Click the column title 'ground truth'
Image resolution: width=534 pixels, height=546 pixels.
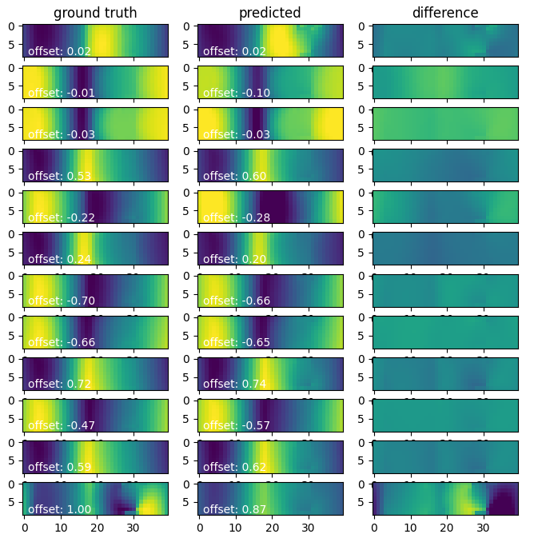click(x=95, y=13)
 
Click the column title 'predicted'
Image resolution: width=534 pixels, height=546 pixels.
click(x=270, y=13)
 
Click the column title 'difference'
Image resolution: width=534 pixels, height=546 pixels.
click(x=445, y=13)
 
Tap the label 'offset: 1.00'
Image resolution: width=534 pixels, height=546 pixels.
click(x=59, y=509)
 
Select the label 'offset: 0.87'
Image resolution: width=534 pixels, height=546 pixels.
click(x=234, y=509)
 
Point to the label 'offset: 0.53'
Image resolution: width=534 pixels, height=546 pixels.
click(x=59, y=176)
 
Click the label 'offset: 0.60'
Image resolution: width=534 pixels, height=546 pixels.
click(x=234, y=176)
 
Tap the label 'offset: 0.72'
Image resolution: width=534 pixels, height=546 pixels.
click(x=59, y=384)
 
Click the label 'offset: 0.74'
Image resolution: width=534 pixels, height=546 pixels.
click(x=234, y=384)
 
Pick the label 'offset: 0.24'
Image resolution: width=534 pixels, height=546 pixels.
click(x=59, y=259)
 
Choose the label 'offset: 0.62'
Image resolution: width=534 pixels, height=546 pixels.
click(x=234, y=467)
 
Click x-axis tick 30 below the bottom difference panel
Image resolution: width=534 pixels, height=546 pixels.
click(x=483, y=528)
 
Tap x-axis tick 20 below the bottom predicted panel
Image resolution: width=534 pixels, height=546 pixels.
click(x=272, y=528)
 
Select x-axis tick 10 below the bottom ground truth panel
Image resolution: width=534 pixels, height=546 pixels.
click(x=61, y=528)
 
